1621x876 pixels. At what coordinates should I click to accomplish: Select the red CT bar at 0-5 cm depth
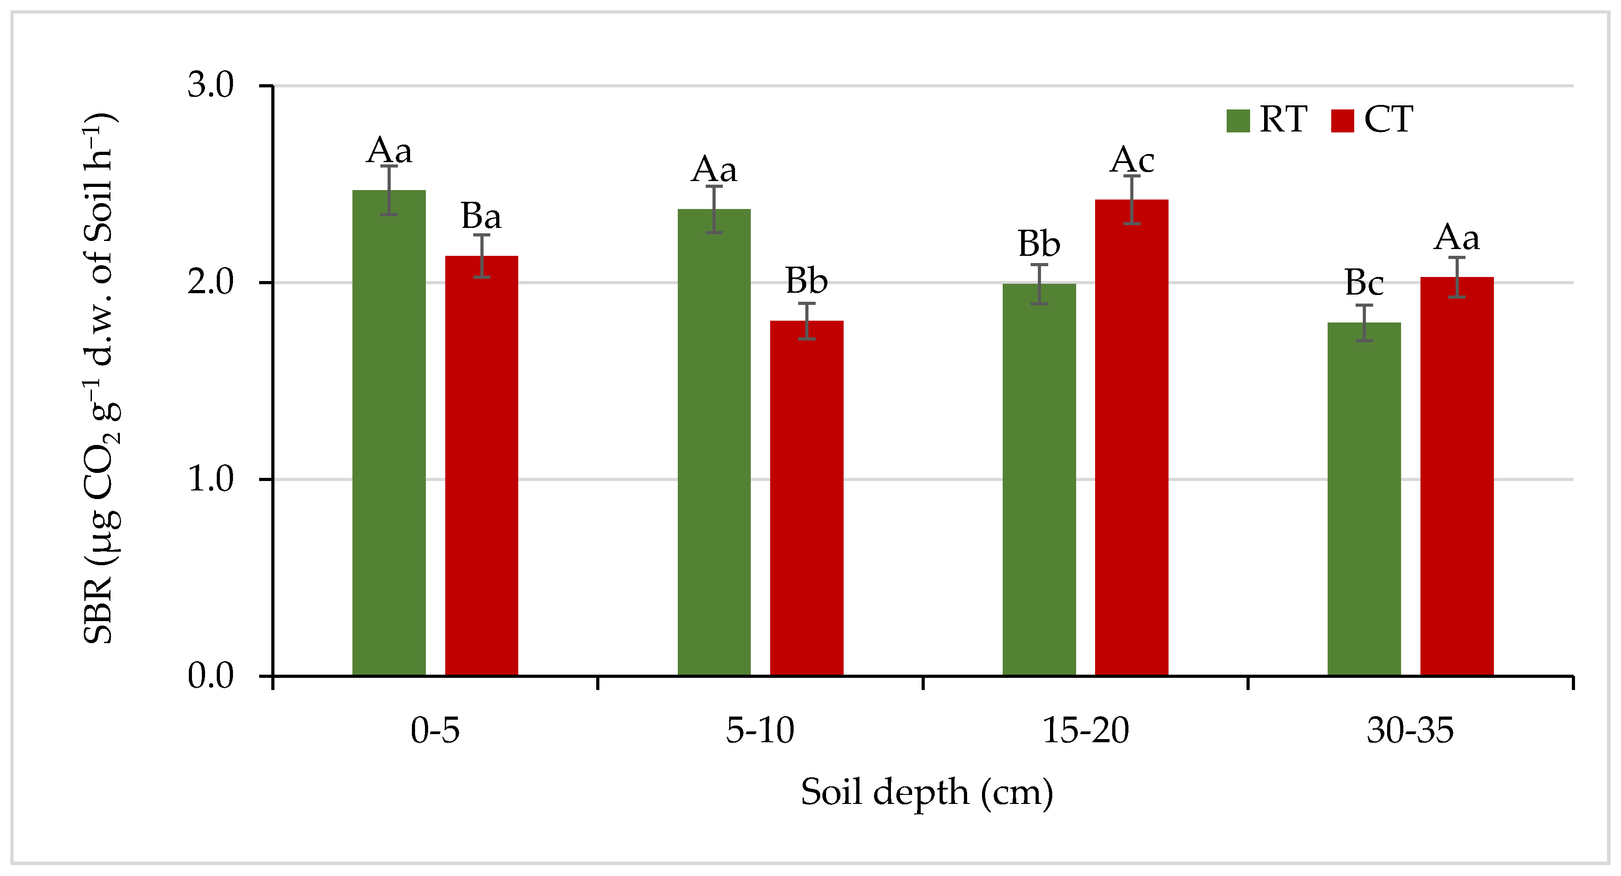pos(481,465)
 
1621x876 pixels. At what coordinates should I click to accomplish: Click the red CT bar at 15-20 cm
pos(1132,437)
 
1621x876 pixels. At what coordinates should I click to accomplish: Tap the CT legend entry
pos(1372,119)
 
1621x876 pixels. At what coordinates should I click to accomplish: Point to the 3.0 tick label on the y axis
pos(211,85)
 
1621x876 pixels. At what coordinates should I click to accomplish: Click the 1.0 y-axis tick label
pos(211,479)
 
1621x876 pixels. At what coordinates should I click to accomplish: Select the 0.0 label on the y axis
pos(211,676)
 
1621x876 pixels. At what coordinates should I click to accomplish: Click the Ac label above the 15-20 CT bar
pos(1132,160)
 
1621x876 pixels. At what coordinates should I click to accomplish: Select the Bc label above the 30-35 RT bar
pos(1364,283)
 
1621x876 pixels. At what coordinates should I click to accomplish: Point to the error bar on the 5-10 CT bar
pos(807,321)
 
